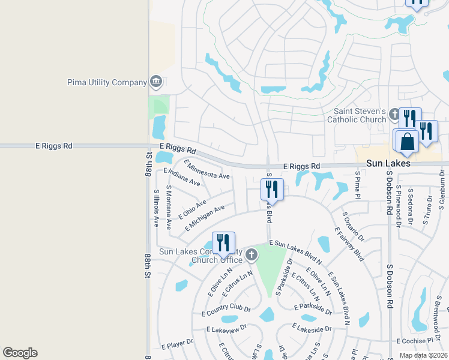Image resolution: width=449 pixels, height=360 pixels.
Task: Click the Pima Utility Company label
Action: pyautogui.click(x=107, y=82)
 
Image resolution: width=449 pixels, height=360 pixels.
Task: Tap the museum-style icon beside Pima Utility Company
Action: pyautogui.click(x=156, y=82)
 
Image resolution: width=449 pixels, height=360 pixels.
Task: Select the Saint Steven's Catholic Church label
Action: pyautogui.click(x=357, y=115)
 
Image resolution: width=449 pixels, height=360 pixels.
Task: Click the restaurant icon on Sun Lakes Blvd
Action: pyautogui.click(x=272, y=189)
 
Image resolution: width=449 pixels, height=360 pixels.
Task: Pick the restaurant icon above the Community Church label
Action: pyautogui.click(x=223, y=242)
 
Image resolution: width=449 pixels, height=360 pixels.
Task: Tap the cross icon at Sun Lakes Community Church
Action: pyautogui.click(x=251, y=256)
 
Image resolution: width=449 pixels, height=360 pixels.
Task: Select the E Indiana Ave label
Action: pyautogui.click(x=181, y=177)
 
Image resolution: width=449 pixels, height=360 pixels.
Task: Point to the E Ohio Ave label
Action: pyautogui.click(x=192, y=209)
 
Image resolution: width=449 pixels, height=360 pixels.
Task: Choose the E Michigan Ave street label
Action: pyautogui.click(x=205, y=217)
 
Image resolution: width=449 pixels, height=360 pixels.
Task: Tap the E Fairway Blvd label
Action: pyautogui.click(x=349, y=244)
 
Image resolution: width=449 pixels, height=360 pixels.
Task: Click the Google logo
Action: pyautogui.click(x=20, y=353)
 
